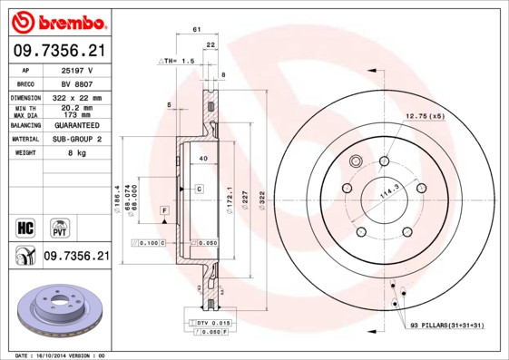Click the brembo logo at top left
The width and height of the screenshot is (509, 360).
(56, 20)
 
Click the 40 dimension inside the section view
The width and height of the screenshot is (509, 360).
(203, 159)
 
